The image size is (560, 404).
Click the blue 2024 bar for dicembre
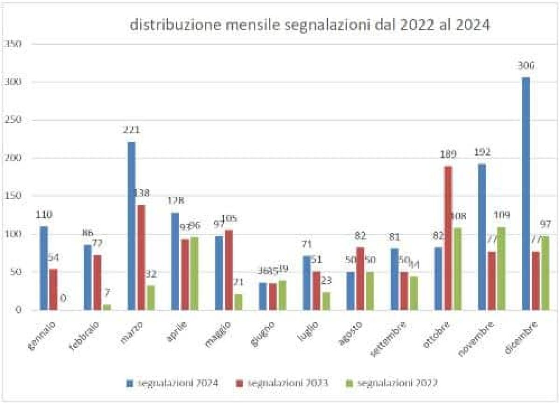point(525,193)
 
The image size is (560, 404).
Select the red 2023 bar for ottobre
point(448,238)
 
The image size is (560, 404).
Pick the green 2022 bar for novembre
point(502,268)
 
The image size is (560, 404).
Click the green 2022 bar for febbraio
point(107,307)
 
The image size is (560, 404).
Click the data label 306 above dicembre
point(525,65)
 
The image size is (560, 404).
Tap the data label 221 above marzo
point(132,130)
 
